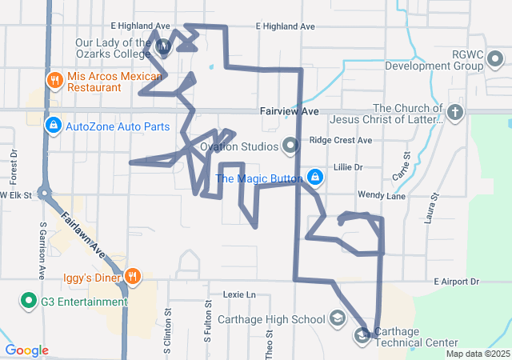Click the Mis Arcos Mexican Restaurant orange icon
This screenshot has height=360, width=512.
(x=55, y=79)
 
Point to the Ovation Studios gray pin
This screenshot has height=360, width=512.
(x=290, y=146)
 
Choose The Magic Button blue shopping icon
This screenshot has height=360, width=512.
(x=315, y=178)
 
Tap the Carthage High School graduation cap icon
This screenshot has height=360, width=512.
(x=338, y=319)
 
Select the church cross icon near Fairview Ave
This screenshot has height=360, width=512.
(x=455, y=112)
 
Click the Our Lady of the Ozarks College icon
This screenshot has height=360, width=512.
(x=163, y=48)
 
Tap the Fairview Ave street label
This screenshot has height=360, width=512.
(x=289, y=110)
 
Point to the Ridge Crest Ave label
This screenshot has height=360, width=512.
(x=341, y=140)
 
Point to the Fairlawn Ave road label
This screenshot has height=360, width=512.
(x=90, y=239)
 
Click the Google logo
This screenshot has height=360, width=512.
(x=26, y=350)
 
